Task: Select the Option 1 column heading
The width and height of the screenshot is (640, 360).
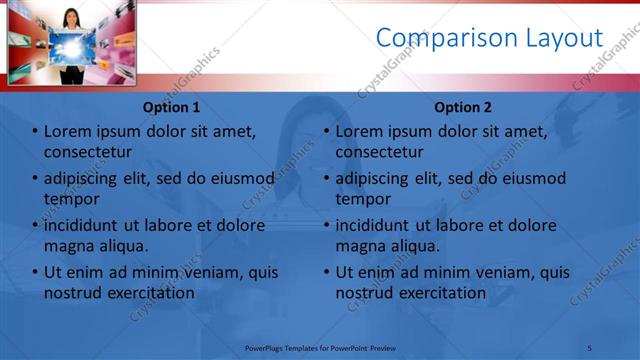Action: coord(171,107)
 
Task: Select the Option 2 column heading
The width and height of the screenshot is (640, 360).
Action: coord(463,107)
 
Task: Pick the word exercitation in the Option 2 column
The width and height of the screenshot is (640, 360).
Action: coord(440,293)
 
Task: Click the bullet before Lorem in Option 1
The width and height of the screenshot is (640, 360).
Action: coord(35,131)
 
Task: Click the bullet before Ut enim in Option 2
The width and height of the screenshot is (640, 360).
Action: coord(327,272)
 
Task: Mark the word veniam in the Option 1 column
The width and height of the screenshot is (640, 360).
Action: coord(204,272)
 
